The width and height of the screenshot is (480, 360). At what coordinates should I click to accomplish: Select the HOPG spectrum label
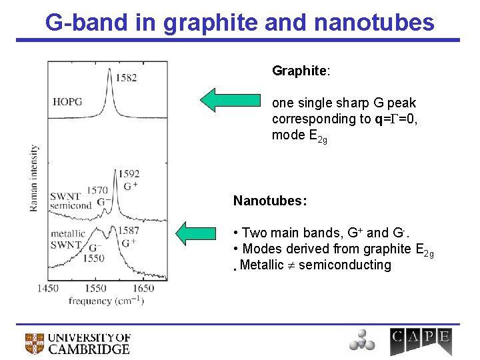tap(67, 102)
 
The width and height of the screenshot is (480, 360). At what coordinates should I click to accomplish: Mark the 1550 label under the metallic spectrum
tap(95, 258)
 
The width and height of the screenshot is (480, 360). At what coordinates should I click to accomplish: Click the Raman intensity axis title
tap(34, 178)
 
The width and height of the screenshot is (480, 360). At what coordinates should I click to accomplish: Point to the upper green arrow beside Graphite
tap(227, 99)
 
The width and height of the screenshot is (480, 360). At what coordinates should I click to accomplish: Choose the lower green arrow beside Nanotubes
tap(201, 233)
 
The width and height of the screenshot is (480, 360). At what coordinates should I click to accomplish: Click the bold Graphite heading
tap(298, 71)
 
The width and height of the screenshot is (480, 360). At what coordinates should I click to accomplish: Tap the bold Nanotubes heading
tap(269, 201)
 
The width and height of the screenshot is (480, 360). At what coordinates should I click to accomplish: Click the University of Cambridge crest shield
tap(35, 343)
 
